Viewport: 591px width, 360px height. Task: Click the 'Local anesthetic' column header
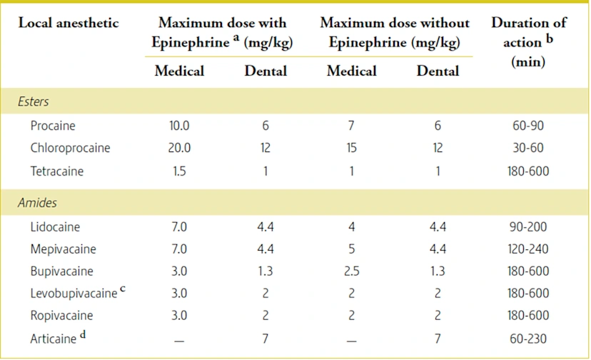point(69,24)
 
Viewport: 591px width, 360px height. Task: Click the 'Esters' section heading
point(34,102)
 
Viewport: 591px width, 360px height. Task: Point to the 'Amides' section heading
point(37,204)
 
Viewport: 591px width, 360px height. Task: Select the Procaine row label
point(53,126)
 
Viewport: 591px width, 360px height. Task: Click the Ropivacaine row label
point(61,315)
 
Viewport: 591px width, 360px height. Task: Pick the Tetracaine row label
point(57,171)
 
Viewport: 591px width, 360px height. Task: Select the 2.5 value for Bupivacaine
point(351,271)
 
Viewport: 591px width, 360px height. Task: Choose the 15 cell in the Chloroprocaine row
point(351,149)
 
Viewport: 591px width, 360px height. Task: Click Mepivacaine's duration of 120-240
point(528,249)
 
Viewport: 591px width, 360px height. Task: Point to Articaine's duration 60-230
point(528,338)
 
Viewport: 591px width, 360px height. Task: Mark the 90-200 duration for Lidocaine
point(528,227)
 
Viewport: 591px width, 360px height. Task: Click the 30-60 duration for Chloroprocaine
point(528,149)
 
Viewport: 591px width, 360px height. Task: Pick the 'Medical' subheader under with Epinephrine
point(179,71)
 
